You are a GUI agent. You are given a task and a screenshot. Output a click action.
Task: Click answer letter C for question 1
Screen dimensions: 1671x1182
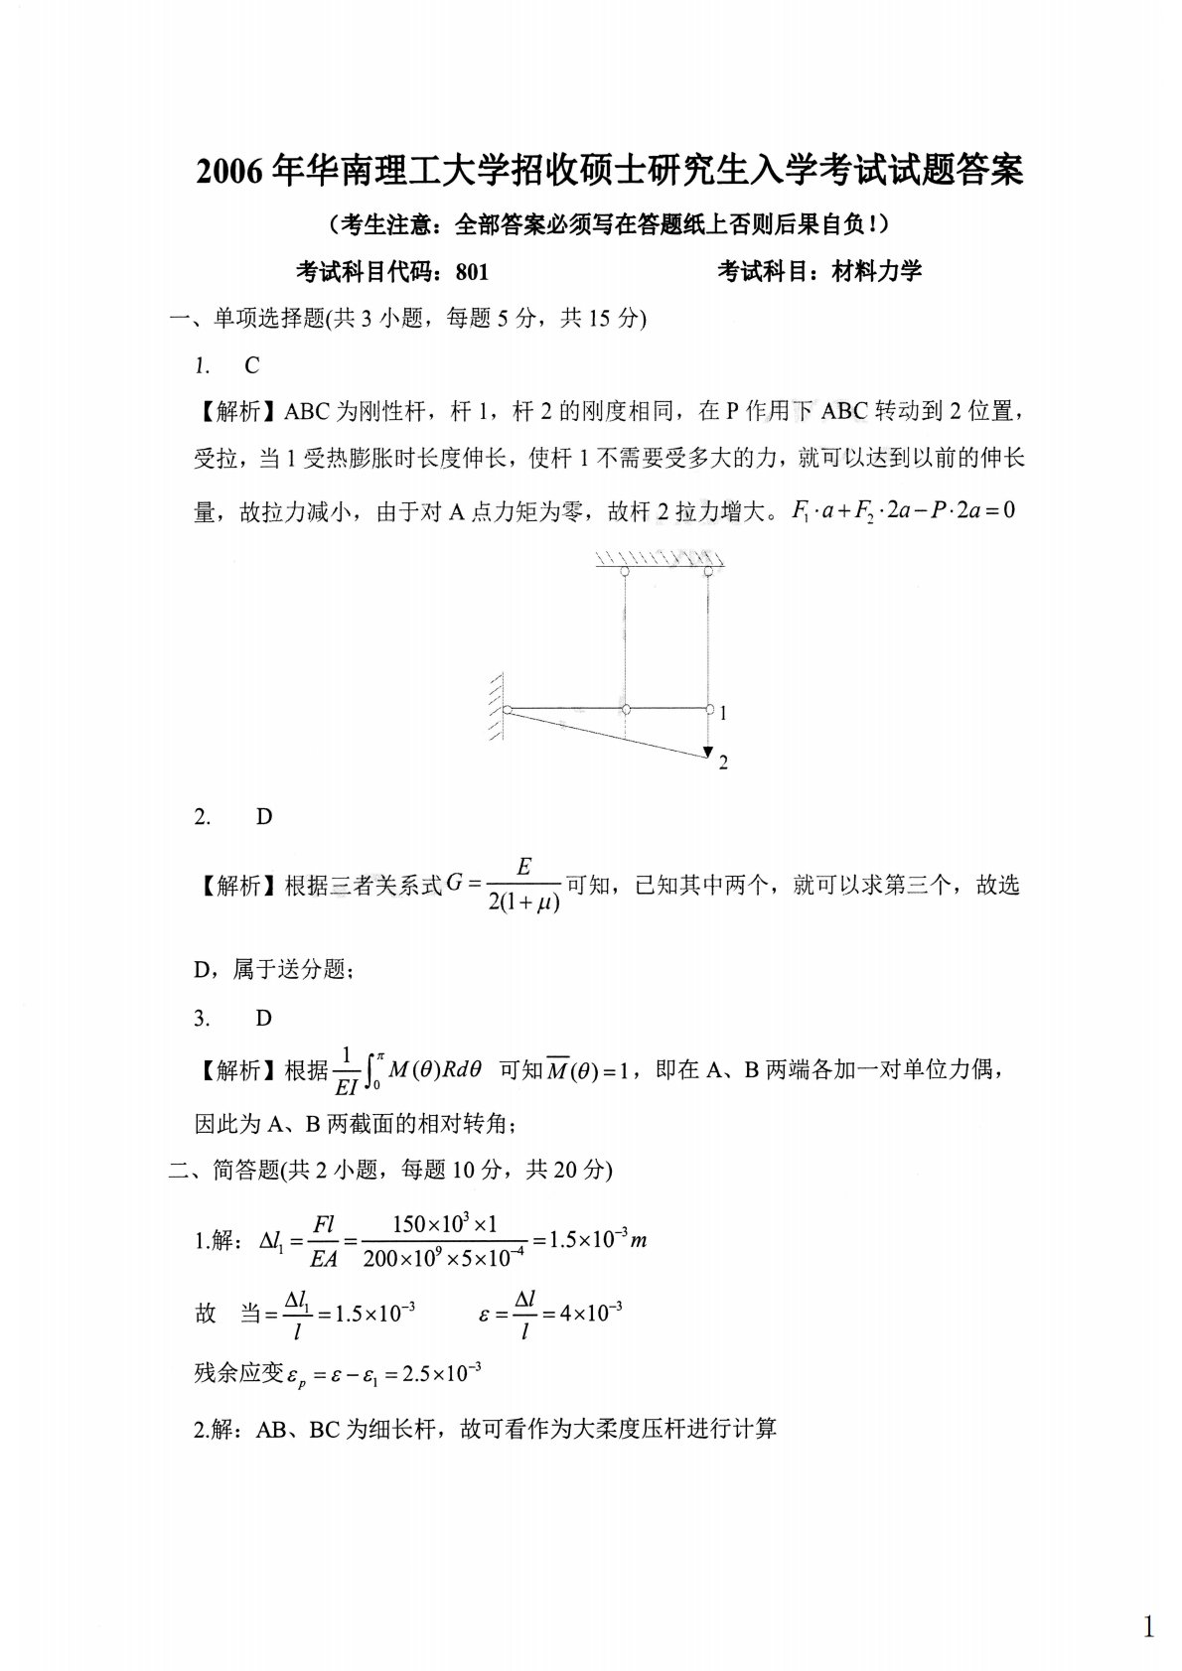(251, 366)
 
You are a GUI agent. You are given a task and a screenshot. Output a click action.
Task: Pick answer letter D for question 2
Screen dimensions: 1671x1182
(263, 816)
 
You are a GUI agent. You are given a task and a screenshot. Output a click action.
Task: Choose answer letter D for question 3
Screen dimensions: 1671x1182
(263, 1018)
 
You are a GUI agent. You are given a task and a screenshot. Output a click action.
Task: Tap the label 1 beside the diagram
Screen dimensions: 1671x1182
(724, 713)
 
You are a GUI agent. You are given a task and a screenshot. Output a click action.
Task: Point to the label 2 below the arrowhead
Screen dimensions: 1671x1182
(723, 763)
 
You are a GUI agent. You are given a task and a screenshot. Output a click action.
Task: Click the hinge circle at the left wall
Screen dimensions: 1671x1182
(508, 710)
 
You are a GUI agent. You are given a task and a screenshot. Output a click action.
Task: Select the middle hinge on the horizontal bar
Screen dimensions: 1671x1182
(626, 710)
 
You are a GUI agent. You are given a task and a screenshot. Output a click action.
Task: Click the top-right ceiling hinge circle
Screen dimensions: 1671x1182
(707, 572)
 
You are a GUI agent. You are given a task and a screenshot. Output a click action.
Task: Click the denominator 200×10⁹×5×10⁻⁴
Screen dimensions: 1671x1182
(443, 1258)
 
